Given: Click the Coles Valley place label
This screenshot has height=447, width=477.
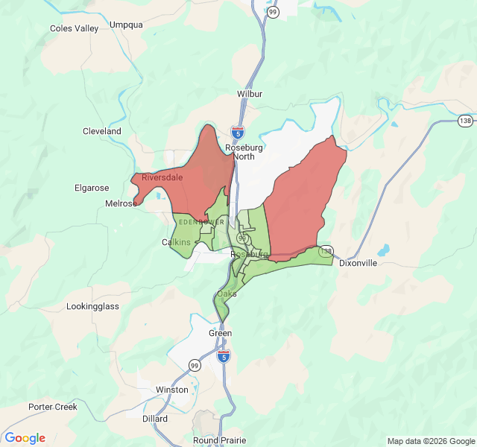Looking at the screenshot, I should coord(74,28).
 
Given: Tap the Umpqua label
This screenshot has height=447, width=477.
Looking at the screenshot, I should coord(126,25).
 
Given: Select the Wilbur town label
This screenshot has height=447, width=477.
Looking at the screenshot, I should coord(250,95).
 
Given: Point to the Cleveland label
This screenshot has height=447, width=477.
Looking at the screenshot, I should coord(102,131).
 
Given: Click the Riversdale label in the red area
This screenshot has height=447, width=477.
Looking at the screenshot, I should coord(162,177).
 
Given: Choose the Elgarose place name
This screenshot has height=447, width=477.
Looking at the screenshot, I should coord(92,188).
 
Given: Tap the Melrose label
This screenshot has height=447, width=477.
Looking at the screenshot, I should coord(121,203).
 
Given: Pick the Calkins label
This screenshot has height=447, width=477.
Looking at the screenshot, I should coord(177,242).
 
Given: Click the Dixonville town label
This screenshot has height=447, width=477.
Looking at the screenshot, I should coord(358,263).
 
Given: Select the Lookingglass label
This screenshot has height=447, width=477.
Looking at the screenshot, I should coord(93,306).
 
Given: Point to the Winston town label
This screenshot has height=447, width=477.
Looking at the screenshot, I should coord(172,390).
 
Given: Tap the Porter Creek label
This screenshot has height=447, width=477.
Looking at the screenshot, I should coord(53,407).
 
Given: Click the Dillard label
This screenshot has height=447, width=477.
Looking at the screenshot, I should coord(154,419).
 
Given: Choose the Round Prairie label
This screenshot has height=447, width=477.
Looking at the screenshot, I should coord(220,440).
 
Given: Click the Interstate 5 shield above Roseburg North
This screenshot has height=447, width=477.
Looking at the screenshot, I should coord(238,133).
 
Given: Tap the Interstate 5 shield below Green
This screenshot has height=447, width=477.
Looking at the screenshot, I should coord(224,356).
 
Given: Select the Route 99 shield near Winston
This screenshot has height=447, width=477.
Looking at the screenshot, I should coord(195,365).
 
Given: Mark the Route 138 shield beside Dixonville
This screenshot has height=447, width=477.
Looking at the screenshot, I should coord(326,252).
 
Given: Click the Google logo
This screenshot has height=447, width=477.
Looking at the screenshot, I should coord(25,438).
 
